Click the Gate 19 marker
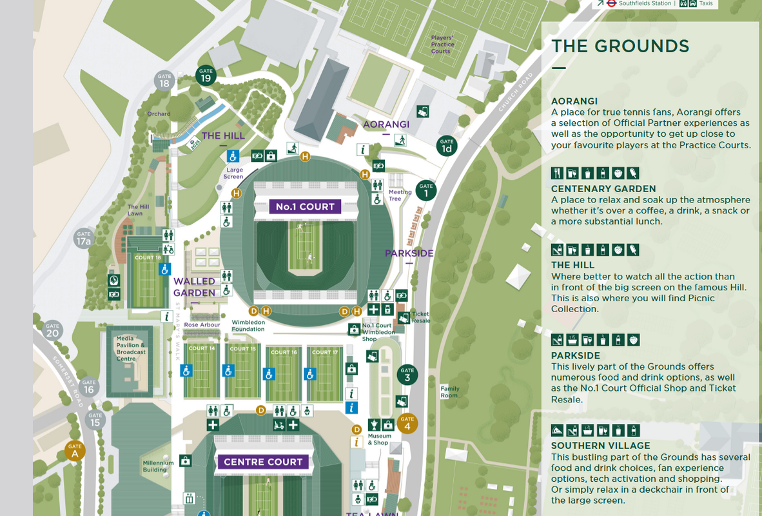[x=206, y=75]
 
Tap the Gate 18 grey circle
[x=164, y=81]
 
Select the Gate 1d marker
[x=446, y=146]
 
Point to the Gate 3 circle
[x=407, y=375]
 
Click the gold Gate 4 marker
[x=407, y=423]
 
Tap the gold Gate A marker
[x=75, y=450]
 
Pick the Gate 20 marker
[x=52, y=330]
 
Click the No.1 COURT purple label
[x=305, y=207]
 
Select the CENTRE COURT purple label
[x=262, y=462]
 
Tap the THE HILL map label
[x=223, y=135]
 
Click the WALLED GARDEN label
[x=194, y=287]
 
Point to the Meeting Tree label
[x=400, y=195]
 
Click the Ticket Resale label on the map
[x=420, y=317]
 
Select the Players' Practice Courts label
[x=442, y=45]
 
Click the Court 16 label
[x=284, y=352]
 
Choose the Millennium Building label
[x=158, y=466]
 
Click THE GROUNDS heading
[x=620, y=46]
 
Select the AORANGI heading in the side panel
[x=574, y=101]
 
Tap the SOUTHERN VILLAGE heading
[x=601, y=446]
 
